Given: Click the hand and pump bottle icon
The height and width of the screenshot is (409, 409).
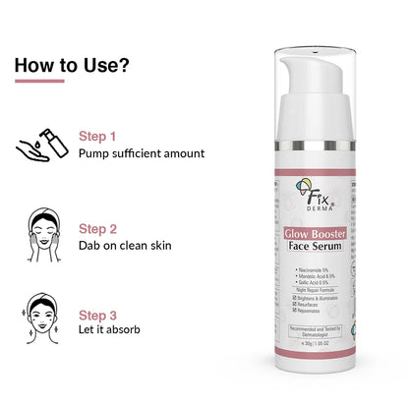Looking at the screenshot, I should [40, 145].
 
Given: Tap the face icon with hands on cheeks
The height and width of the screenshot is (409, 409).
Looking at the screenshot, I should [41, 236].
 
